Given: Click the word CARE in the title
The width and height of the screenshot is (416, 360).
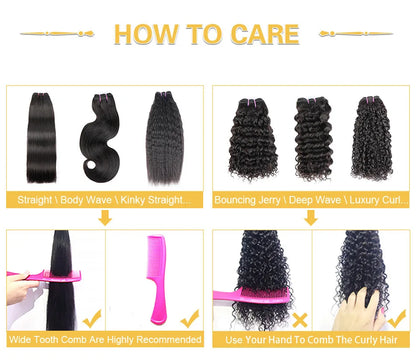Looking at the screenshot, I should (x=261, y=34).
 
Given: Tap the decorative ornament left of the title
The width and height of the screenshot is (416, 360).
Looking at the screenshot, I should (x=62, y=34).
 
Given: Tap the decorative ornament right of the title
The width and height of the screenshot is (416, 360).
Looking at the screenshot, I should (x=354, y=34).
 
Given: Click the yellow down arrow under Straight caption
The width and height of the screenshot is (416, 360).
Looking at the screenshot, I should (x=105, y=218).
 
